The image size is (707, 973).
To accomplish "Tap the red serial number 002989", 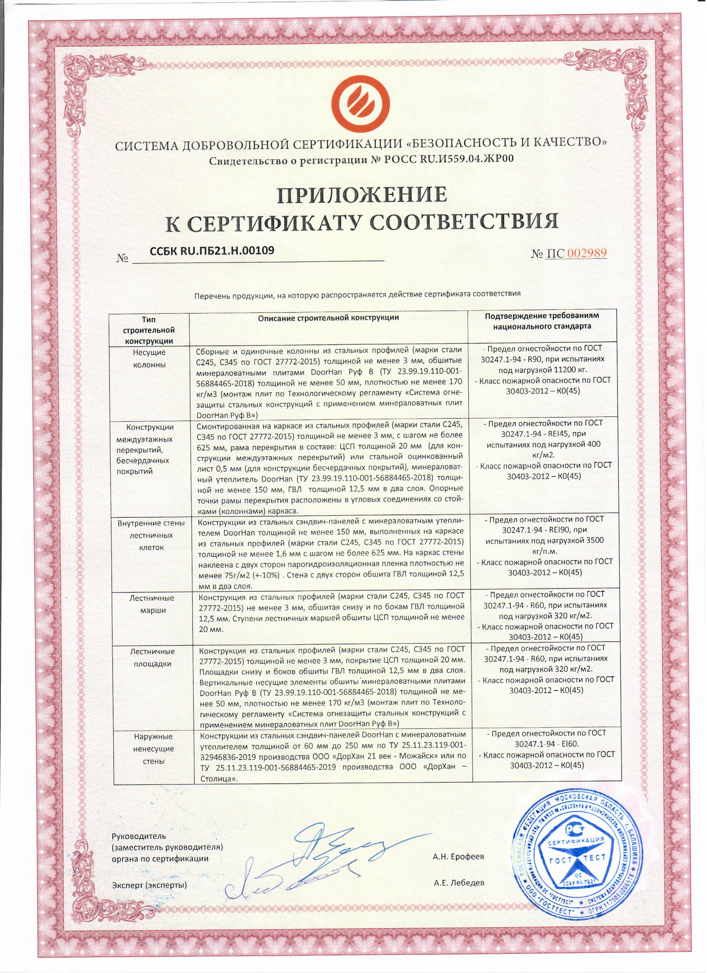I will pyautogui.click(x=586, y=253).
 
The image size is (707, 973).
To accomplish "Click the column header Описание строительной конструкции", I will pyautogui.click(x=329, y=318).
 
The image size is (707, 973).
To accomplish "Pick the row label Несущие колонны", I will pyautogui.click(x=150, y=358).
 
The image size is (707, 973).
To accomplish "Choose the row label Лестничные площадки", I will pyautogui.click(x=152, y=658).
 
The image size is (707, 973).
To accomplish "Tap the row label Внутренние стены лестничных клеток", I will pyautogui.click(x=152, y=536).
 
